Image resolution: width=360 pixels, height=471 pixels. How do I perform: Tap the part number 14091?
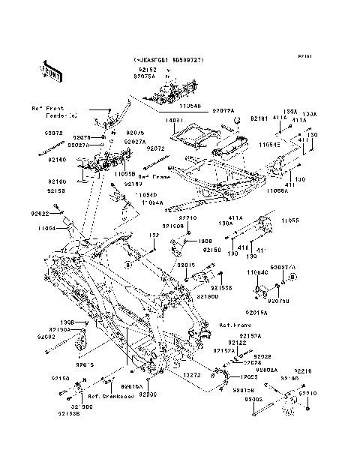tap(174, 119)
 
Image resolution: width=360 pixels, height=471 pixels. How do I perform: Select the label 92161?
tap(259, 118)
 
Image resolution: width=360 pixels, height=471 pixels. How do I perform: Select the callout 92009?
tap(147, 393)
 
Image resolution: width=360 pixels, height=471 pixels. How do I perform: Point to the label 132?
tap(153, 235)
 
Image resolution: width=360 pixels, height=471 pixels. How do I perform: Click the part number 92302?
tap(252, 400)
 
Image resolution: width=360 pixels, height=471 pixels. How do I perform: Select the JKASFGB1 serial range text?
tap(168, 59)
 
